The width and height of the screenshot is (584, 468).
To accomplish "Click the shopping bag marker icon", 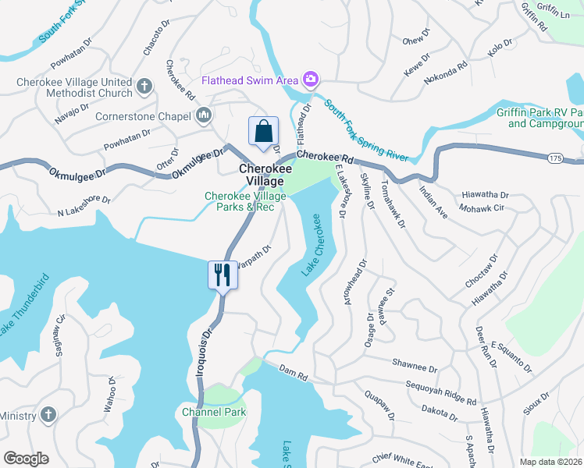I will tap(263, 130).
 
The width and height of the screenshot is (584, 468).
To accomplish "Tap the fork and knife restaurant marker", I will tap(223, 275).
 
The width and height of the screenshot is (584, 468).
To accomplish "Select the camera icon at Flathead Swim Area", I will tap(311, 80).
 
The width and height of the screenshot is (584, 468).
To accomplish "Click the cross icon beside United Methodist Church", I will tap(144, 87).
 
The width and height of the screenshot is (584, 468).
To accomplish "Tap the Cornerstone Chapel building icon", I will tap(204, 117).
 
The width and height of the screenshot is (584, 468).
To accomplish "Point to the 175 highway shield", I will tap(555, 158).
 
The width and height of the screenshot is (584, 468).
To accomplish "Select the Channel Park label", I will tap(213, 412).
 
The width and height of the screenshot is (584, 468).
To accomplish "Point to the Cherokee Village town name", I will tap(261, 175).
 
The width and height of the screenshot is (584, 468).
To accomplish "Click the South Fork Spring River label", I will tap(366, 130).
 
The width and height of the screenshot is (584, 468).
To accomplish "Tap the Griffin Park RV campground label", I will tap(540, 118).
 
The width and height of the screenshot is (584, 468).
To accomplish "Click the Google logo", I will tap(27, 459).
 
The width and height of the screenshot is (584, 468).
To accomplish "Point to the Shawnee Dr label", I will tap(414, 367).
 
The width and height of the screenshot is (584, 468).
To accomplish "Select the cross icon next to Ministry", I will tap(47, 414).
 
